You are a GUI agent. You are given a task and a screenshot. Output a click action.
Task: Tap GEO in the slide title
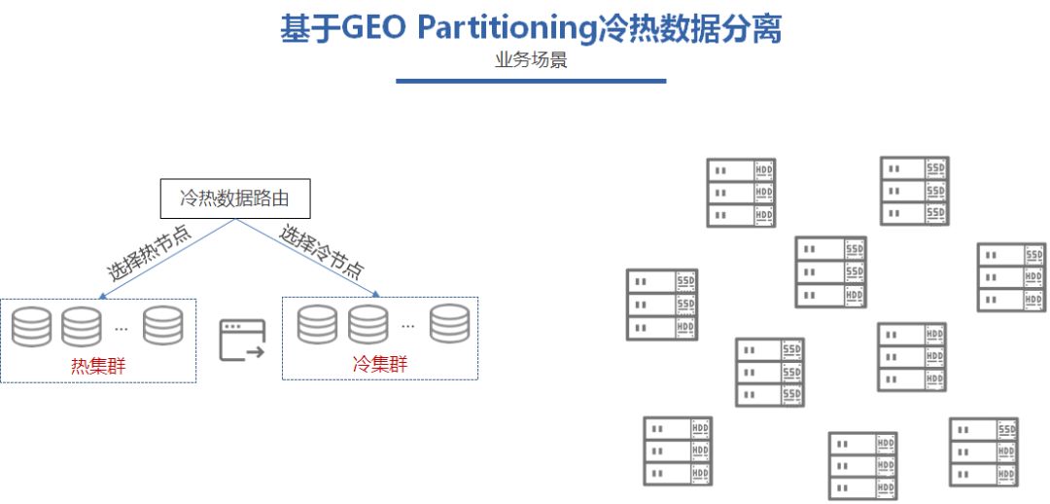[x=373, y=28]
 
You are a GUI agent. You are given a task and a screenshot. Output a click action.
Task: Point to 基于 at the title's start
[x=308, y=28]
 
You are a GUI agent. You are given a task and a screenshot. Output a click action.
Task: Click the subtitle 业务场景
[x=531, y=59]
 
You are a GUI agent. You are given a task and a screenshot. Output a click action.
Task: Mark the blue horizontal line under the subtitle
[x=531, y=81]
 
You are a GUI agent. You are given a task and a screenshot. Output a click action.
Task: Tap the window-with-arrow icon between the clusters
[x=242, y=340]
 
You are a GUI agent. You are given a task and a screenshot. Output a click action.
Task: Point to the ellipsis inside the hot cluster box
[x=122, y=328]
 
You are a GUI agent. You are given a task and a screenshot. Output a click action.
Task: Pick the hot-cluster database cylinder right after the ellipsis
[x=162, y=325]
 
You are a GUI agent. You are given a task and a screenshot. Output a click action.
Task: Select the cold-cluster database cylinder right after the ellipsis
[x=449, y=324]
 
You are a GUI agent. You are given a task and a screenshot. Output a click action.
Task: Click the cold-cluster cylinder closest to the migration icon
[x=317, y=324]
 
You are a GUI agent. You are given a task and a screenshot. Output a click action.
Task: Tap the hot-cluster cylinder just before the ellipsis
[x=82, y=326]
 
